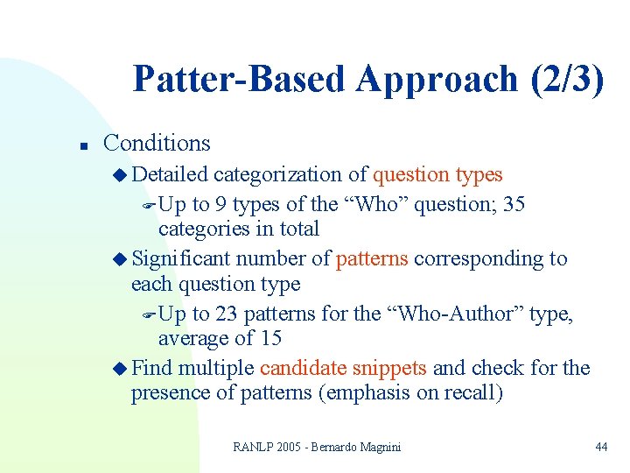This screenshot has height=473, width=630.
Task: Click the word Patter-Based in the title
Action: coord(240,80)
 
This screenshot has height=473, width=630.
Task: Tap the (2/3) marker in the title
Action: coord(567,80)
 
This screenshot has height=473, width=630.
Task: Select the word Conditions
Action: coord(157,143)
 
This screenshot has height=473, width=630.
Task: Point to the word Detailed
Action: coord(170,174)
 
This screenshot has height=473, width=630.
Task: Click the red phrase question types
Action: coord(437,175)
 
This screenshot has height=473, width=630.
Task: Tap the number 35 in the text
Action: coord(515,204)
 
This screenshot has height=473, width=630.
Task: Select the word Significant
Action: coord(181,258)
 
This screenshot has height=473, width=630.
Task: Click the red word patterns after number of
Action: coord(372,258)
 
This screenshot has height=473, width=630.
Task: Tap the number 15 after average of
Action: coord(270,337)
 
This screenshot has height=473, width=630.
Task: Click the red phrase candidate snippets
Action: coord(343,368)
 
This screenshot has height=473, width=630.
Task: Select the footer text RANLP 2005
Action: coord(266,447)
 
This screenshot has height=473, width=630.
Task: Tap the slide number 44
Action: coord(600,447)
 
